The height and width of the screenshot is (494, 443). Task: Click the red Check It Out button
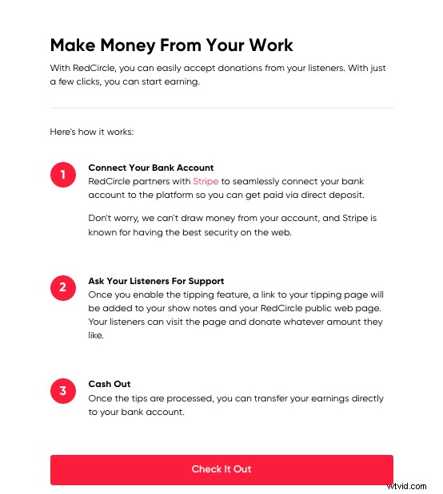click(221, 469)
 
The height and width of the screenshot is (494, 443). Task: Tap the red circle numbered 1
click(62, 175)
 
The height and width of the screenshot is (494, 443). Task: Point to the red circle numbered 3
click(62, 390)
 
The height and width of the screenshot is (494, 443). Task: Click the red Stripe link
click(206, 181)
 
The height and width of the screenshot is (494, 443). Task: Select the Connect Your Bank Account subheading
click(150, 168)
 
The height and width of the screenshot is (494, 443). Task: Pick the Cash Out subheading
click(110, 384)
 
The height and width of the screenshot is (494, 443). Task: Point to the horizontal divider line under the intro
click(221, 108)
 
